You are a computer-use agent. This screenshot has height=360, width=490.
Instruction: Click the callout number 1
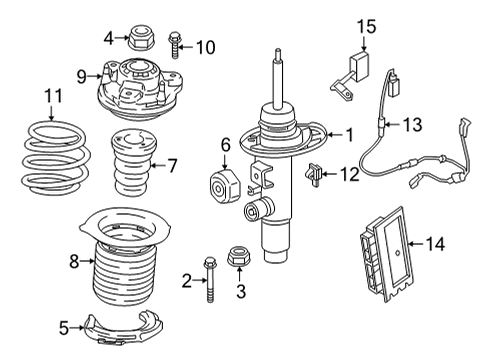pos(350,134)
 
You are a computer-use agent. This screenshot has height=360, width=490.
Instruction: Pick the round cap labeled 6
pos(221,186)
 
